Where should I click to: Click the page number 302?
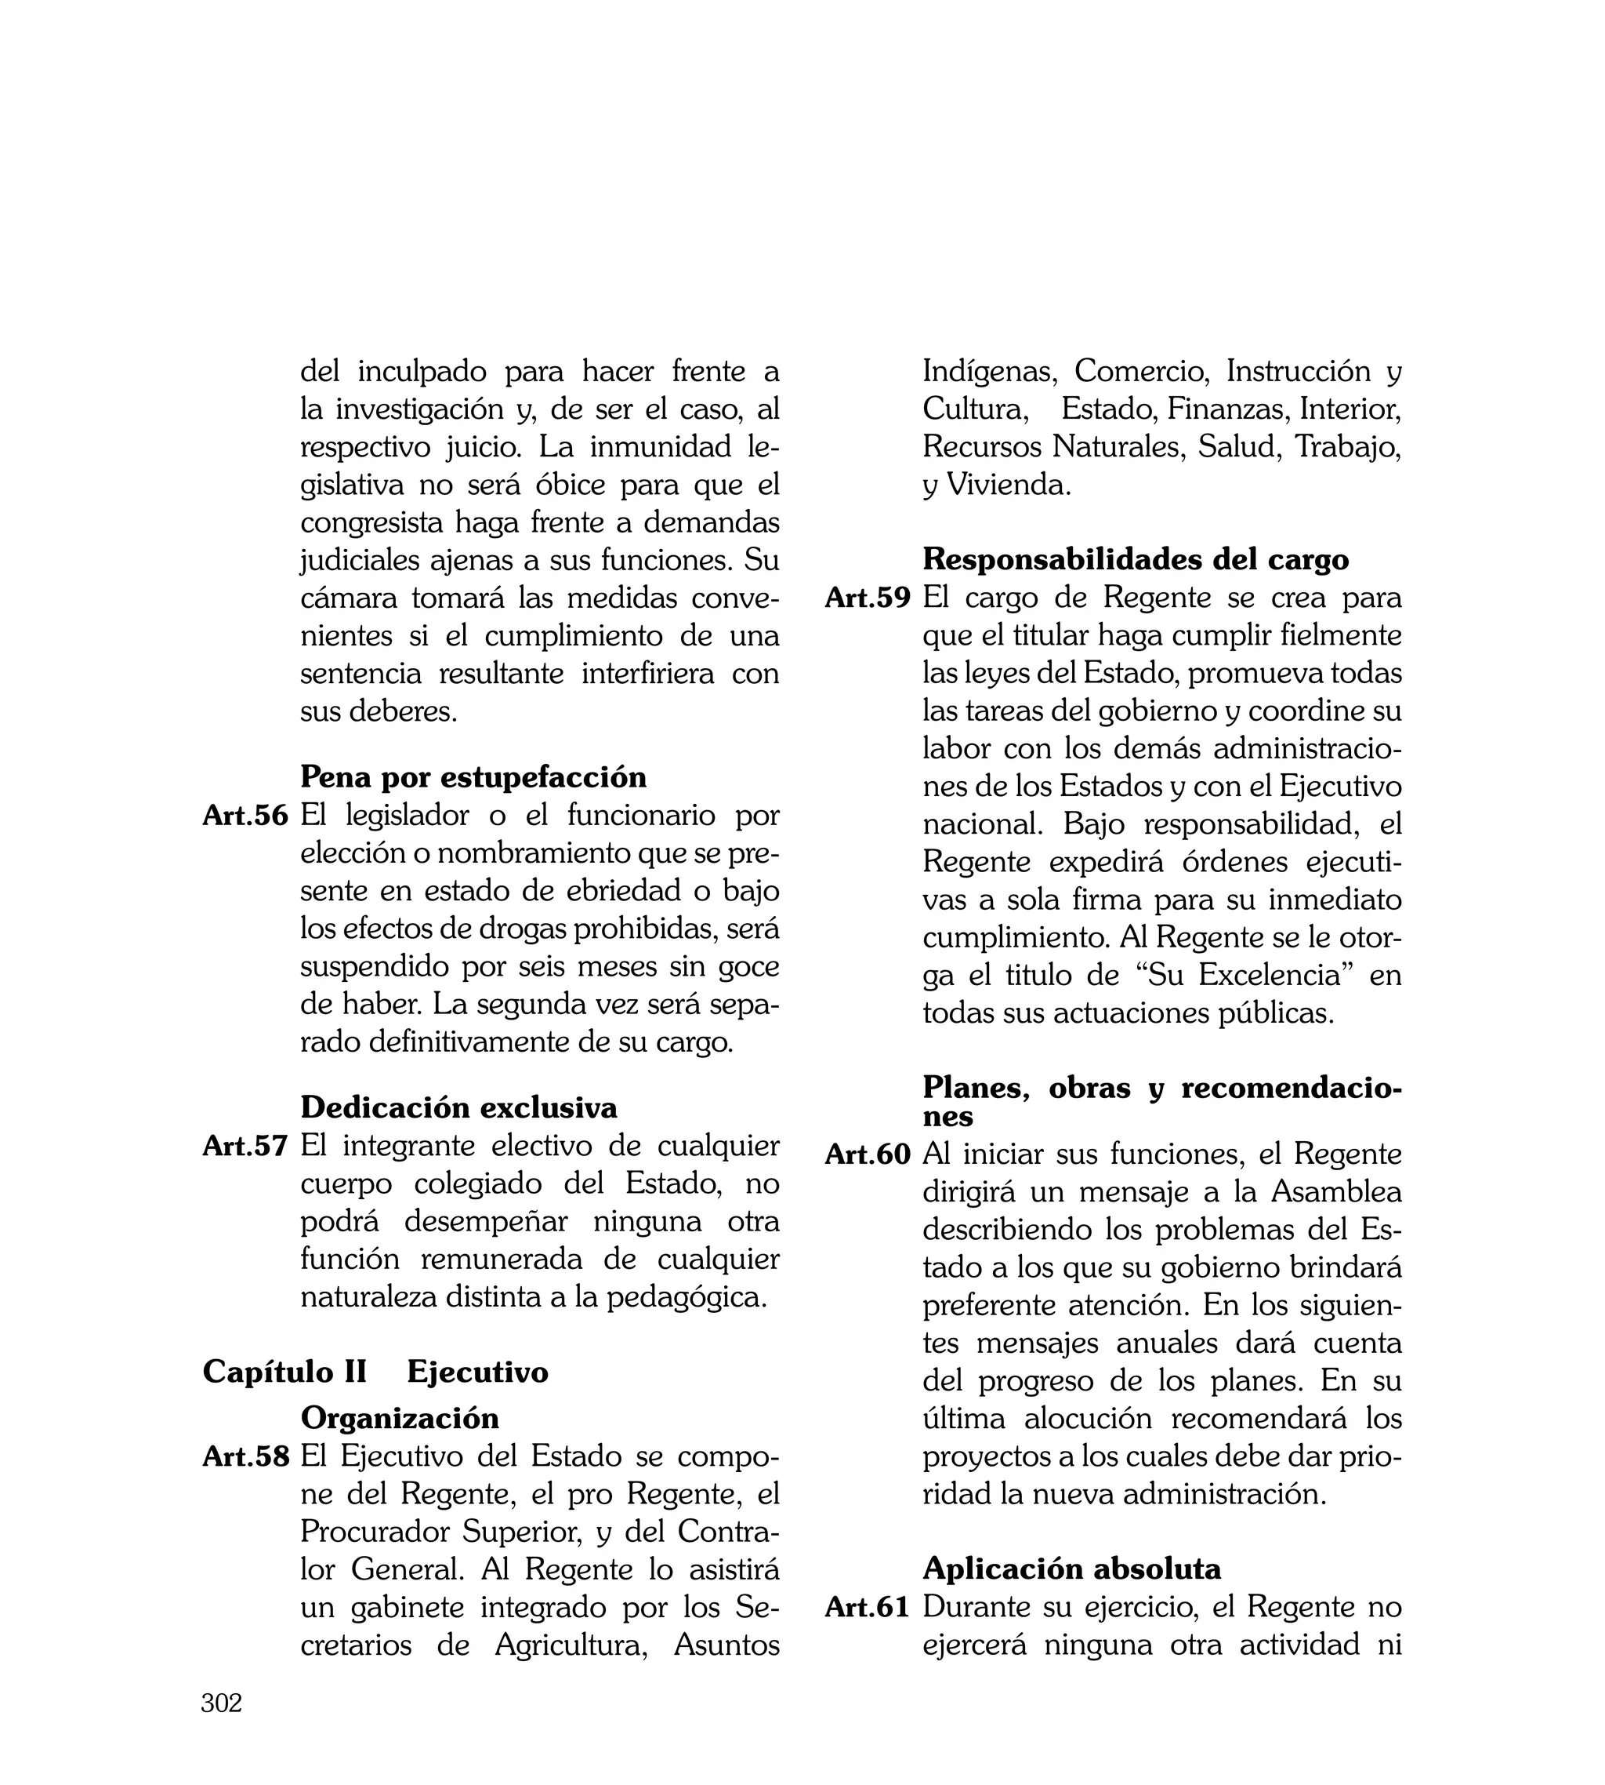(x=221, y=1703)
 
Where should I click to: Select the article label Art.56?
(x=245, y=816)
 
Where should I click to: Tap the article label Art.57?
(x=245, y=1146)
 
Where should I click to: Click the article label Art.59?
(x=867, y=598)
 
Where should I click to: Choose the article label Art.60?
(x=867, y=1154)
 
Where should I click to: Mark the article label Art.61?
(x=867, y=1608)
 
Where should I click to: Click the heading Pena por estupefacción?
(x=473, y=777)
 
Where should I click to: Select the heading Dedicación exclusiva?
(x=458, y=1107)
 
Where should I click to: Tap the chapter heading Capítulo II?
(x=284, y=1372)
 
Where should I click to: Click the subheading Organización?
(x=400, y=1418)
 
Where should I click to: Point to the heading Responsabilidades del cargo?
(x=1136, y=559)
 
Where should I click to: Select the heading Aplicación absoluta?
(x=1071, y=1569)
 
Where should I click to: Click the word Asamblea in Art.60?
(x=1336, y=1192)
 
